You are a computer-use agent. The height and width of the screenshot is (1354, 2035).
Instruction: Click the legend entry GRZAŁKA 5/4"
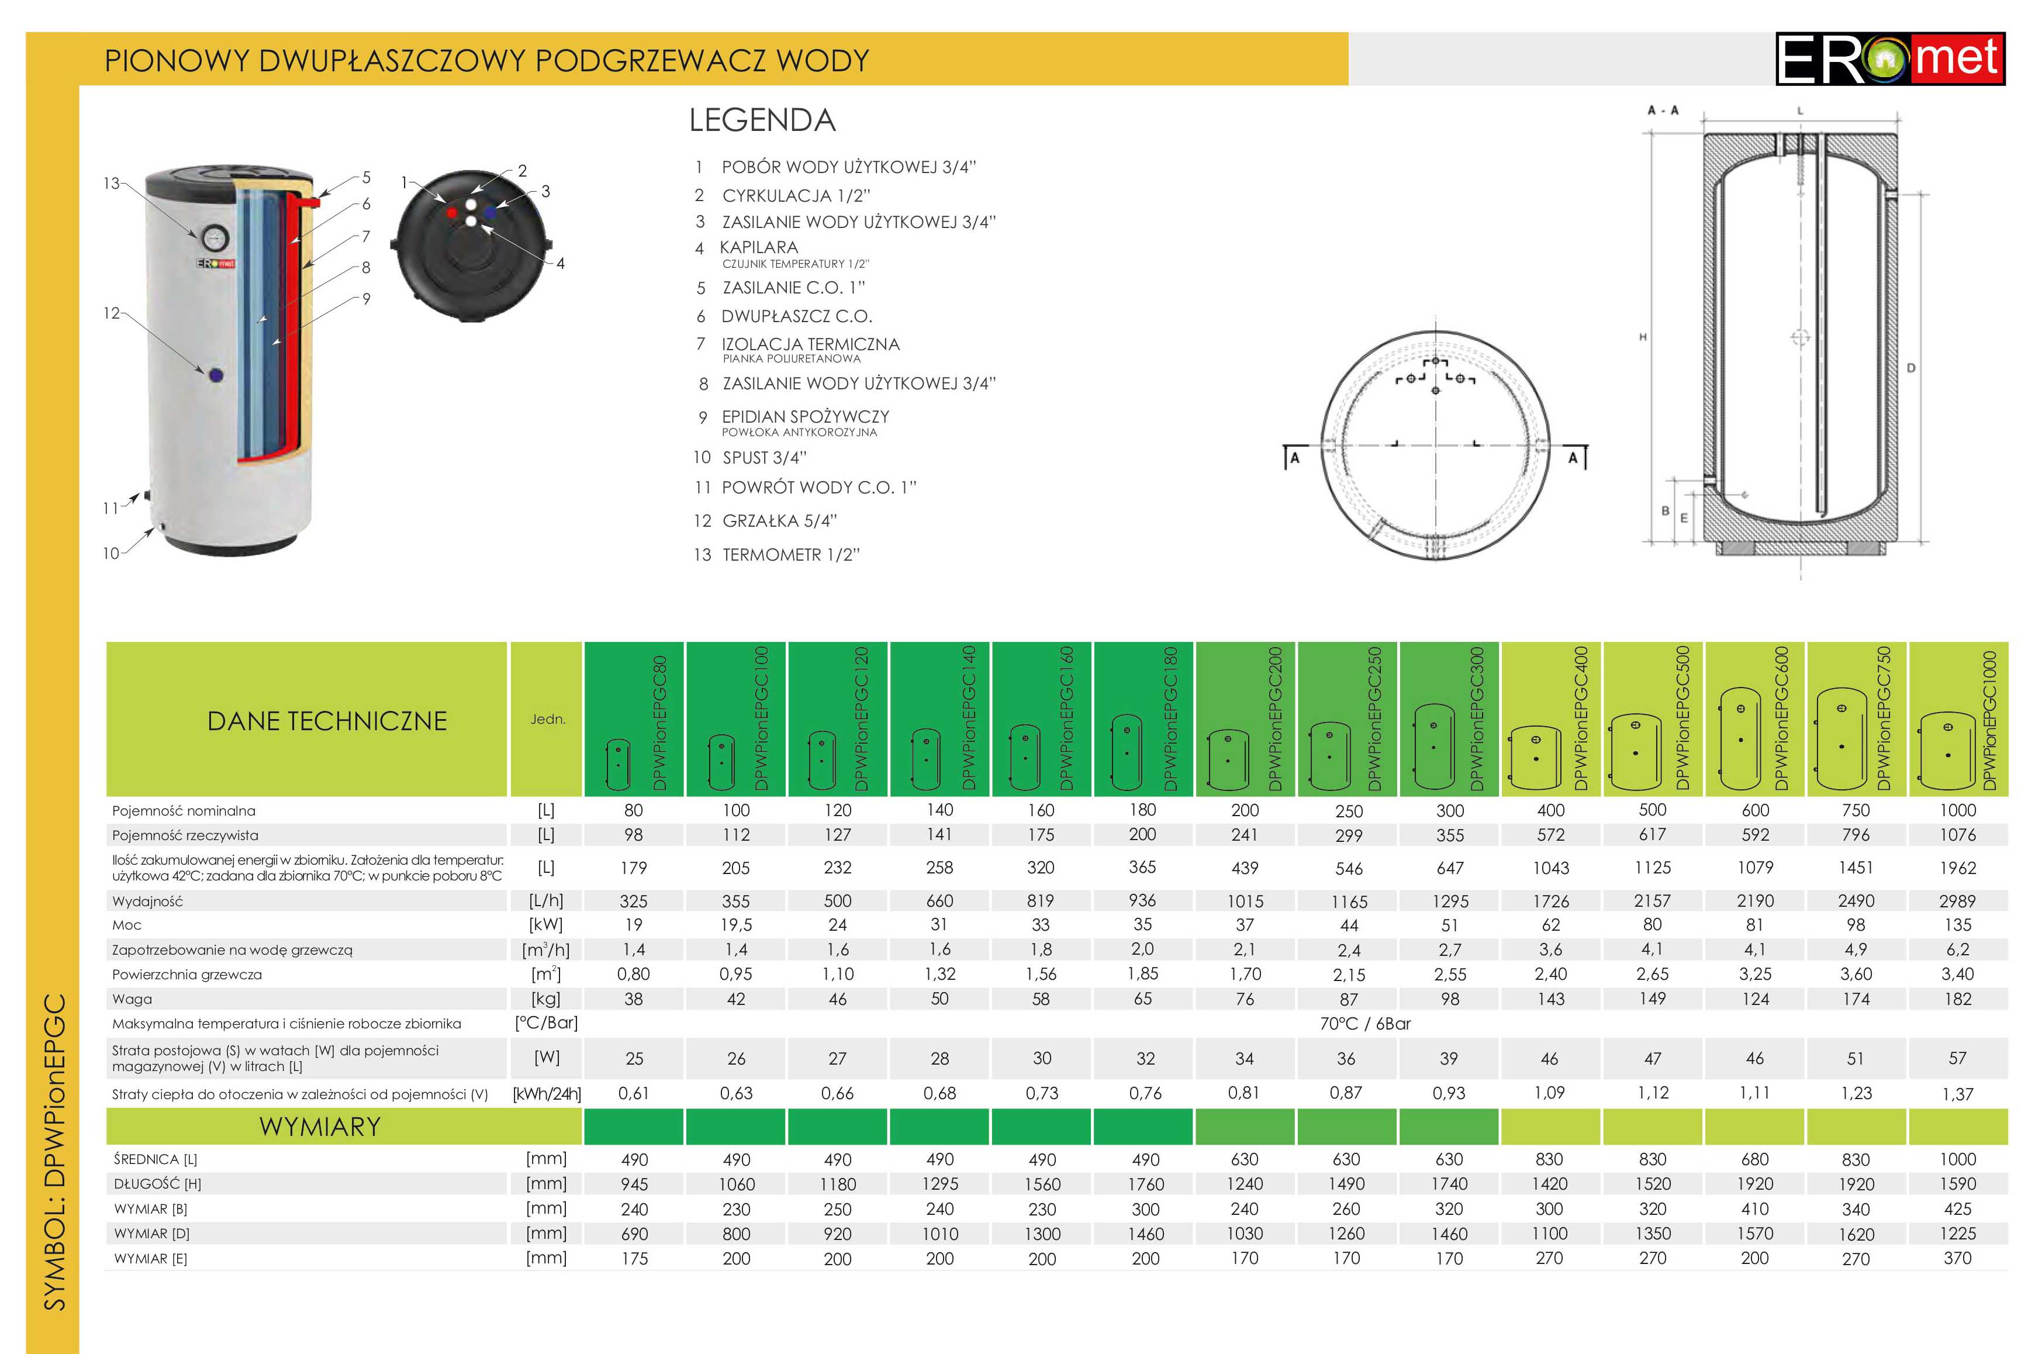pyautogui.click(x=779, y=521)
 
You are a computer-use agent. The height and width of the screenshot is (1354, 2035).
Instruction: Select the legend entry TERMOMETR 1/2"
pyautogui.click(x=790, y=554)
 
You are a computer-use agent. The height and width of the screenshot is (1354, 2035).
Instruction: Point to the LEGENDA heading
pyautogui.click(x=762, y=120)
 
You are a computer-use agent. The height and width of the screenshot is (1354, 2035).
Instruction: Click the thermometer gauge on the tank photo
pyautogui.click(x=212, y=237)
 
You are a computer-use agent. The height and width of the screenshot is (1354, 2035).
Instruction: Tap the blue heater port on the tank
pyautogui.click(x=216, y=375)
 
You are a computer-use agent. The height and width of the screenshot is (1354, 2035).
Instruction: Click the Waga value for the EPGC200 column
pyautogui.click(x=1244, y=999)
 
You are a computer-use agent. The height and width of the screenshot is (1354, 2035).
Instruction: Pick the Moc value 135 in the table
pyautogui.click(x=1957, y=925)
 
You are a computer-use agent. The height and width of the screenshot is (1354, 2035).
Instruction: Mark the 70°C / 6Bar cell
pyautogui.click(x=1365, y=1023)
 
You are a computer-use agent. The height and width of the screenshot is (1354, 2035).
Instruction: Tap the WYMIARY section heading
pyautogui.click(x=319, y=1127)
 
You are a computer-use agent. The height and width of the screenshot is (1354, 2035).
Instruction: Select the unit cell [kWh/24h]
pyautogui.click(x=547, y=1094)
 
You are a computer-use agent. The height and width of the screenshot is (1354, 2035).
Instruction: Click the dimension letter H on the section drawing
pyautogui.click(x=1642, y=338)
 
